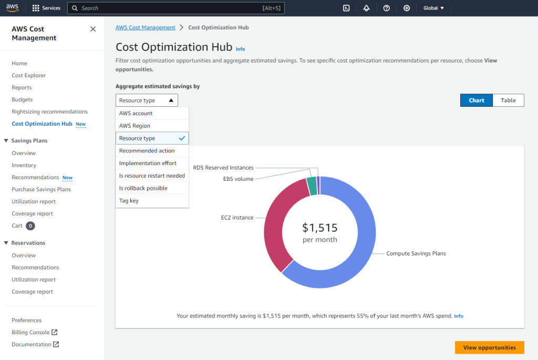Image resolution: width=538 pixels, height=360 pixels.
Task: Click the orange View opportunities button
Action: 489,347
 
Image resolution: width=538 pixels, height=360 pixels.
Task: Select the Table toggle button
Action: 508,100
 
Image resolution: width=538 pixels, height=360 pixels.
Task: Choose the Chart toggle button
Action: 477,100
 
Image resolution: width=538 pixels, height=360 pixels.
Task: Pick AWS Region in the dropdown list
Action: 134,126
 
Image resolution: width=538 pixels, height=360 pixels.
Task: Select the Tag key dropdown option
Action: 129,201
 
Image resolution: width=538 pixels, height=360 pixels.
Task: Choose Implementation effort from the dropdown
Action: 148,163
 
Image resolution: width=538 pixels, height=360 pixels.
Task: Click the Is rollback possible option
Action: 143,188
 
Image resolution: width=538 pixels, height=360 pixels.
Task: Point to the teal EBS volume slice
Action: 312,186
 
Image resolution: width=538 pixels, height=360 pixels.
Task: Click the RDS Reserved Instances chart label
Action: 223,168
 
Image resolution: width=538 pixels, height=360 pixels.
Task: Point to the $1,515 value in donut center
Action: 319,228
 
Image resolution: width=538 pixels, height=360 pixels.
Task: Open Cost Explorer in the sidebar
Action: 29,76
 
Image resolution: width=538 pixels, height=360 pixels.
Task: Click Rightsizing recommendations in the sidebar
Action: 49,112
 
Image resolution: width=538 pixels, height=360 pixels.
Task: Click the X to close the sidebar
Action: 93,29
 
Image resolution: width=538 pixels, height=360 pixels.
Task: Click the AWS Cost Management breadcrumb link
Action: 146,27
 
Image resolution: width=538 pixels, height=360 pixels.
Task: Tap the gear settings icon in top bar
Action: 406,8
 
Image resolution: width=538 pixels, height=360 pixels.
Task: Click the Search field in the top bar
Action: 173,8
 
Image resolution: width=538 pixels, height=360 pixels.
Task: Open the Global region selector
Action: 433,8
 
